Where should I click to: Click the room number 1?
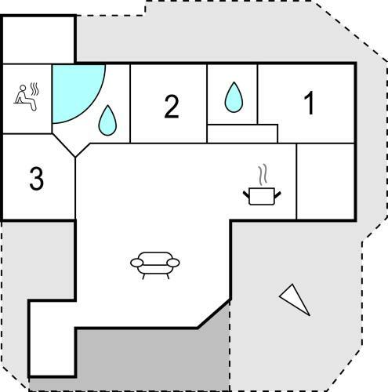(310, 103)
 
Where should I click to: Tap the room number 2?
(172, 107)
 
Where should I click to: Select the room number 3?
(36, 178)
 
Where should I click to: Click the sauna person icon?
(26, 96)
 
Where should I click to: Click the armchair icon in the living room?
(155, 265)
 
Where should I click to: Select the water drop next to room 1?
(234, 97)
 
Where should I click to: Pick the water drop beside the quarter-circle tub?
(107, 120)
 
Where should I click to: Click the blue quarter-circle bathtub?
(73, 89)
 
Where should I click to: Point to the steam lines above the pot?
(263, 175)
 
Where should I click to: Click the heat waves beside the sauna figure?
(34, 89)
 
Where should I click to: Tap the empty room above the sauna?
(38, 40)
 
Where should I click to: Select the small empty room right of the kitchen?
(325, 182)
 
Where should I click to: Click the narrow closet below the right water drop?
(242, 133)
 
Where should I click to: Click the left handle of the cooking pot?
(246, 195)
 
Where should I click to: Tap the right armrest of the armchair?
(173, 263)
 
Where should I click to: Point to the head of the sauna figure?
(23, 88)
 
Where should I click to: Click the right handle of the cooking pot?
(277, 195)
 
